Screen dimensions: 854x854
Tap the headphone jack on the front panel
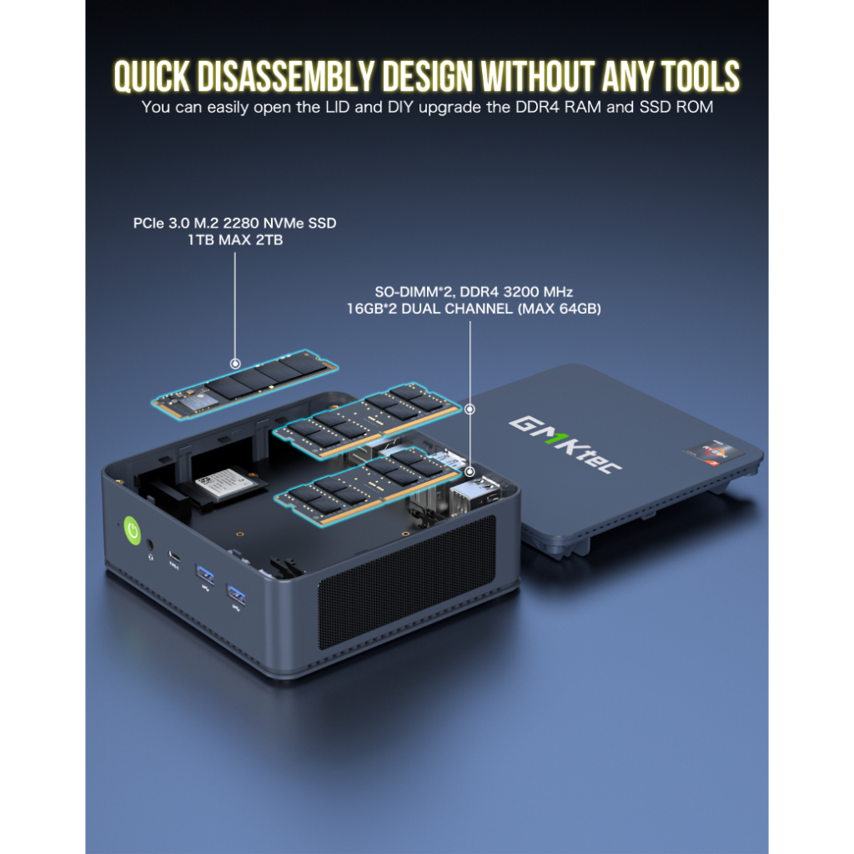pos(150,545)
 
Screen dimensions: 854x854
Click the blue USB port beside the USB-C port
pos(204,572)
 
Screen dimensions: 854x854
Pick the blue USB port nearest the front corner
pos(236,594)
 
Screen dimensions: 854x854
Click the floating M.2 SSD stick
pos(245,384)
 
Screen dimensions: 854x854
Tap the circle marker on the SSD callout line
pos(235,364)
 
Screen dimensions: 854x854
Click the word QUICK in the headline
pos(152,76)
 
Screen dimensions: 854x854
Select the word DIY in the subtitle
pos(400,107)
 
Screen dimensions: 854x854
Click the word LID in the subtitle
pos(338,107)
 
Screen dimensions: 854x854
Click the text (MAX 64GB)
pos(559,309)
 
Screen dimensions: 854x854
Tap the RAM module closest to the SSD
pos(367,420)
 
